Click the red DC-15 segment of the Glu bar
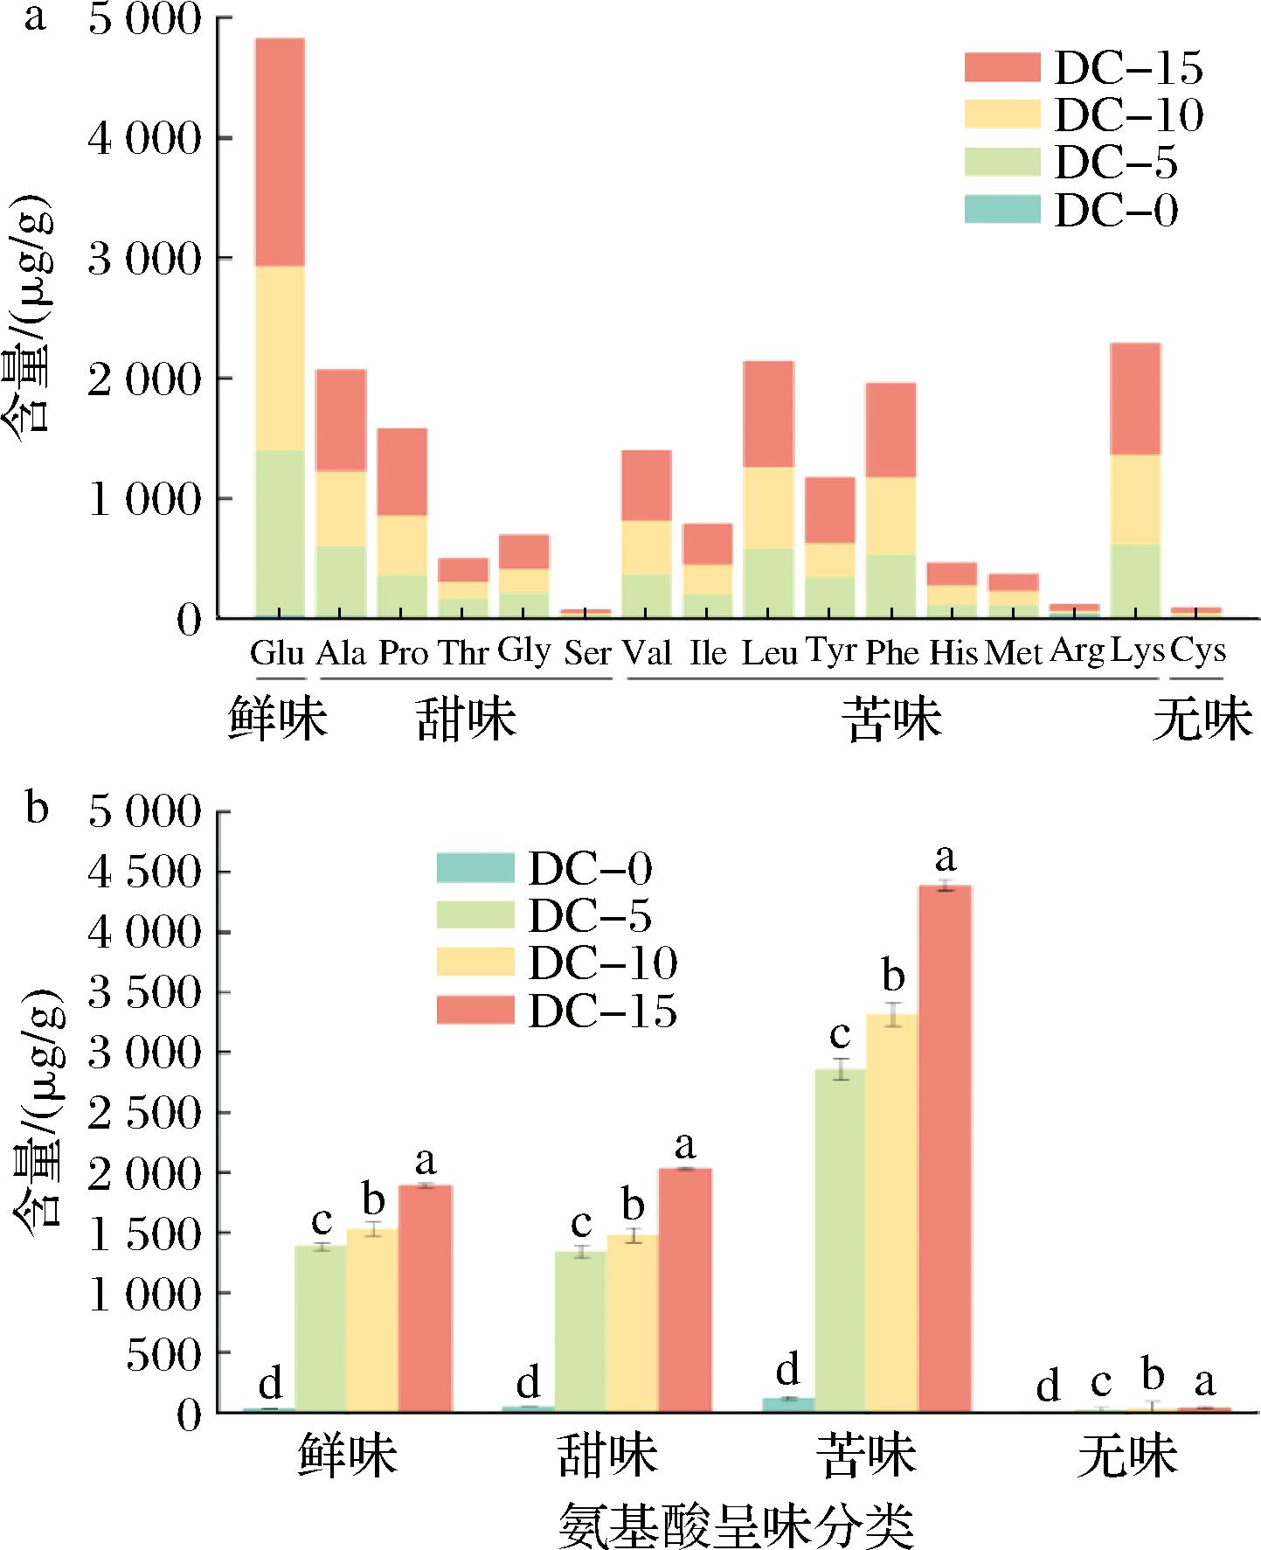(280, 152)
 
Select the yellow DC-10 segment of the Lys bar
(1134, 499)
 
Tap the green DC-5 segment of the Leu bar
(768, 583)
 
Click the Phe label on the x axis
(891, 654)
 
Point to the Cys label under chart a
(1197, 650)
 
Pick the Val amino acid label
(647, 653)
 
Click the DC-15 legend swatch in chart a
(1002, 67)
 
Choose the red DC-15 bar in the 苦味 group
(944, 1145)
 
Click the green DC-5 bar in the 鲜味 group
(321, 1326)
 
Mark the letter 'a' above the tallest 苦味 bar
(945, 858)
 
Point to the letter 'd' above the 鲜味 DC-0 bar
(271, 1383)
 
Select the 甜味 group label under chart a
(466, 719)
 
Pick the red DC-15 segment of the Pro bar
(402, 472)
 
